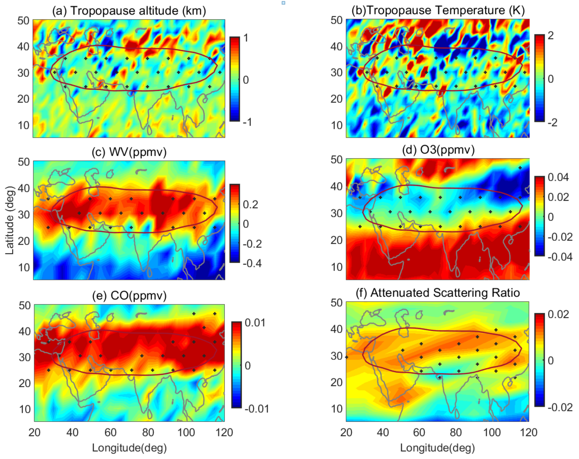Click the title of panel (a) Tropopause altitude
[129, 11]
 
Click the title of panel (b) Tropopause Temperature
[438, 10]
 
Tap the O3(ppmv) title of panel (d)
[438, 149]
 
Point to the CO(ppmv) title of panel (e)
[129, 295]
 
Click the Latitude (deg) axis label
[10, 220]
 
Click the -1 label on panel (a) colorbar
[247, 122]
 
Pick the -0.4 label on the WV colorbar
[252, 263]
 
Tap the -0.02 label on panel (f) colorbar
[560, 407]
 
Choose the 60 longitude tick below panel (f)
[419, 432]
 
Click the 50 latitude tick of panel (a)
[23, 21]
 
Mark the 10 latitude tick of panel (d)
[336, 267]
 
